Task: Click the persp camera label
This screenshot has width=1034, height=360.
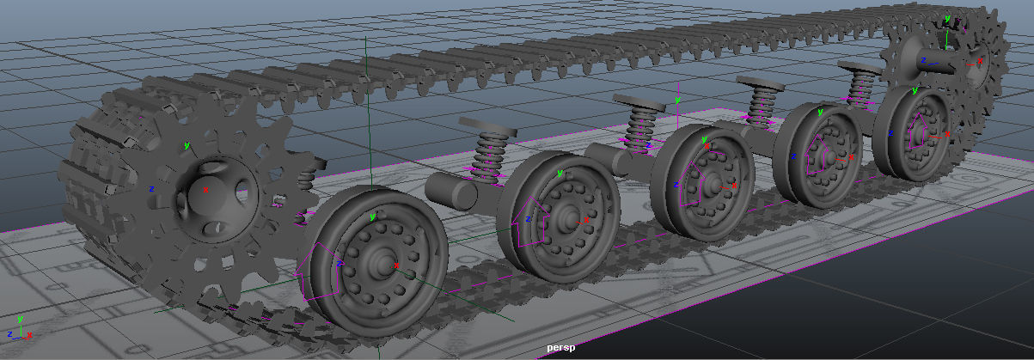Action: point(560,348)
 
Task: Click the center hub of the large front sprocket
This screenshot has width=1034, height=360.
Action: point(205,188)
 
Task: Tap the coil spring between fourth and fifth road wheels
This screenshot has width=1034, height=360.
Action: point(860,86)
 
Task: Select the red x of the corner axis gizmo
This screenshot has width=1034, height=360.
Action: point(31,334)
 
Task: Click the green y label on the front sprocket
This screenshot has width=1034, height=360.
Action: point(187,145)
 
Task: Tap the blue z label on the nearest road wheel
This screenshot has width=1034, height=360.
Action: point(340,263)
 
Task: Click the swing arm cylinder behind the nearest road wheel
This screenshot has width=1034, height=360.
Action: point(451,191)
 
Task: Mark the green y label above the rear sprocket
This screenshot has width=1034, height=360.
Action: point(946,17)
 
